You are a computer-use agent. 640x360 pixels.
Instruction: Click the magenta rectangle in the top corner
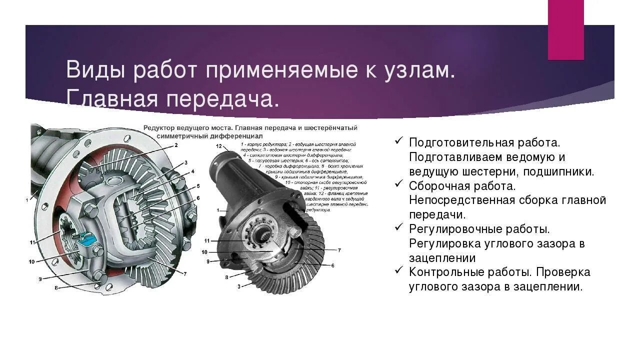[x=565, y=29]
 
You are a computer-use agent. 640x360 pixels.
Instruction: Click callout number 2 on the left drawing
[x=176, y=145]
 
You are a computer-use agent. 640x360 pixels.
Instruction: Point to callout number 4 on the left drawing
[x=192, y=172]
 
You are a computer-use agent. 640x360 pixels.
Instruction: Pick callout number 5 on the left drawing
[x=198, y=186]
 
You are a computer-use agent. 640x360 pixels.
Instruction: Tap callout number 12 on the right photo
[x=219, y=146]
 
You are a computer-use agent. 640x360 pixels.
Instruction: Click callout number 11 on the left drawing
[x=32, y=242]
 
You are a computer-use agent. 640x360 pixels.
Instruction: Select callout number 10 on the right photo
[x=204, y=252]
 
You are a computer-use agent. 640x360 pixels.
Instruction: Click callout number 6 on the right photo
[x=332, y=265]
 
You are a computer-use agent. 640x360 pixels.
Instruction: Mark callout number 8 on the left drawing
[x=56, y=288]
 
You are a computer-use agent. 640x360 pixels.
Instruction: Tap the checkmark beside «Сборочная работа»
[x=399, y=184]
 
